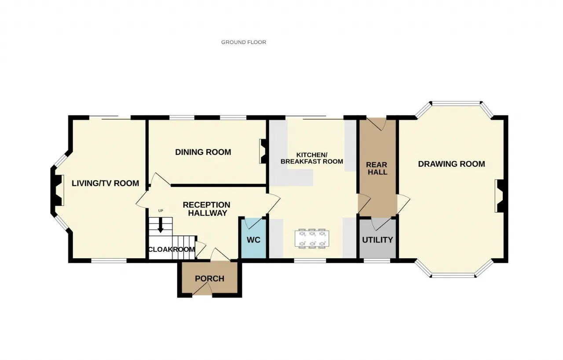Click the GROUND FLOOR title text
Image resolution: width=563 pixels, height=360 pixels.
pyautogui.click(x=244, y=42)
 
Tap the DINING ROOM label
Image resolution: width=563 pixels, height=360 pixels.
pyautogui.click(x=203, y=152)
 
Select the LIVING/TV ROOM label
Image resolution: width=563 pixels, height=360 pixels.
pyautogui.click(x=105, y=183)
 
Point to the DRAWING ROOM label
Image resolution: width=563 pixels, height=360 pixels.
pyautogui.click(x=451, y=164)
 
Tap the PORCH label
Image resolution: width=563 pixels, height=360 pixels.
pyautogui.click(x=210, y=279)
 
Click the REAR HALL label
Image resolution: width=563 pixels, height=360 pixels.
pyautogui.click(x=377, y=169)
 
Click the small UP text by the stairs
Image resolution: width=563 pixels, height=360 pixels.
pyautogui.click(x=161, y=211)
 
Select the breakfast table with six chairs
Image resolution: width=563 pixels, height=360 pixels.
pyautogui.click(x=312, y=239)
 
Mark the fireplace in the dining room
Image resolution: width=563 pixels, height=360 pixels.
pyautogui.click(x=263, y=151)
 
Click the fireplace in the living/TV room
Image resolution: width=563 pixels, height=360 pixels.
pyautogui.click(x=57, y=190)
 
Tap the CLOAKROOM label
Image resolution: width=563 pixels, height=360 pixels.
pyautogui.click(x=172, y=250)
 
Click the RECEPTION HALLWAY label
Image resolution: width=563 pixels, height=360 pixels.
pyautogui.click(x=207, y=209)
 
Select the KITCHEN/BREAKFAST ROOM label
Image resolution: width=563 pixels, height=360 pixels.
pyautogui.click(x=312, y=158)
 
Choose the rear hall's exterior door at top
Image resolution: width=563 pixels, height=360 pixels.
pyautogui.click(x=377, y=124)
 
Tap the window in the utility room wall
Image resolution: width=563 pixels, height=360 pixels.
pyautogui.click(x=377, y=261)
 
